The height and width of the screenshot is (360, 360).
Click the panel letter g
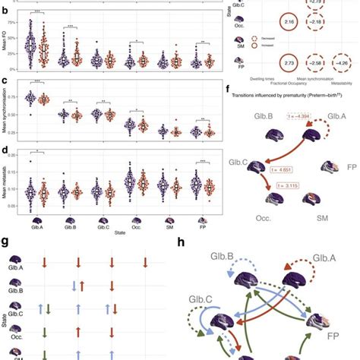coord(6,243)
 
